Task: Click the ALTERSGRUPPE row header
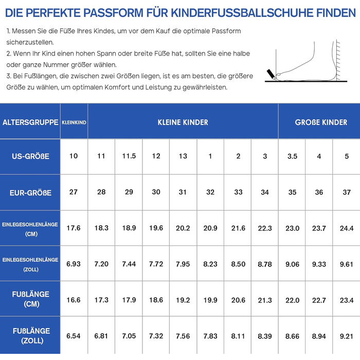click(30, 122)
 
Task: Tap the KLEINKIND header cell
click(74, 122)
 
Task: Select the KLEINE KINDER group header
click(183, 122)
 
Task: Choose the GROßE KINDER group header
click(321, 122)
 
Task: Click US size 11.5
click(129, 156)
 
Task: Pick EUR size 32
click(210, 192)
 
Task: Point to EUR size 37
click(347, 192)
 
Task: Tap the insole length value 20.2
click(183, 228)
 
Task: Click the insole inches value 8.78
click(264, 264)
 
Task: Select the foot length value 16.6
click(74, 300)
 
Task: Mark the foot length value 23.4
click(347, 300)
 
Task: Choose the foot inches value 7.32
click(156, 336)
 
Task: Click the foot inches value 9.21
click(347, 336)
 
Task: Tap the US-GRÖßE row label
click(30, 156)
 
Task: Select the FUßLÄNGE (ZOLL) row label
click(30, 336)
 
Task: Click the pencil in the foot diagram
click(270, 74)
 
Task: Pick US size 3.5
click(292, 156)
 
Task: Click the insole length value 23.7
click(319, 228)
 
